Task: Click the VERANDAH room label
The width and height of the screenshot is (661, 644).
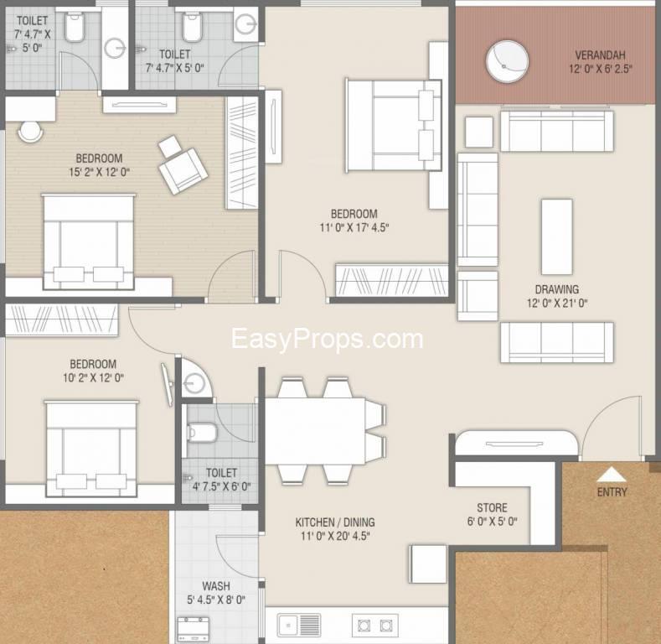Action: tap(600, 55)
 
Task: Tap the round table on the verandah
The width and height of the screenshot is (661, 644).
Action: tap(507, 61)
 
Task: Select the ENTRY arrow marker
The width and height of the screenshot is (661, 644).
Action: tap(612, 475)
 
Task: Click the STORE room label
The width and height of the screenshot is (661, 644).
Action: tap(492, 507)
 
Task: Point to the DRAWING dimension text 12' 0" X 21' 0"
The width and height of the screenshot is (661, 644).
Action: tap(557, 303)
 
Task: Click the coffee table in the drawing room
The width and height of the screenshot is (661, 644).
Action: tap(557, 237)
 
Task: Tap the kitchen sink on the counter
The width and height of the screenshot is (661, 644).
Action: tap(299, 625)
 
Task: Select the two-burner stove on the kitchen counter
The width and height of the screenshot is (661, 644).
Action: tap(374, 625)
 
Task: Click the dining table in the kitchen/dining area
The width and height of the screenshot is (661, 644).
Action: tap(314, 431)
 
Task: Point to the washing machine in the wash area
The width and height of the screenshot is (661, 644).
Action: tap(193, 629)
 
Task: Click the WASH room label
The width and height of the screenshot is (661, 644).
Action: tap(216, 586)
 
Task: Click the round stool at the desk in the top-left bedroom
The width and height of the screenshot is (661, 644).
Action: tap(30, 132)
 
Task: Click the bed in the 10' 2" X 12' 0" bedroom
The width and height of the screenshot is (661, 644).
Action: tap(91, 449)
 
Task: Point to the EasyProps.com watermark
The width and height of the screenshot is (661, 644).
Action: tap(327, 340)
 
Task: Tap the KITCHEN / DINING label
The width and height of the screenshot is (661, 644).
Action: tap(335, 522)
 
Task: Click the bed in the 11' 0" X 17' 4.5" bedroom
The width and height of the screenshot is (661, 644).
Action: tap(393, 125)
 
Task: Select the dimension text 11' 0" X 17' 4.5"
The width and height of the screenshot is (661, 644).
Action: tap(354, 227)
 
